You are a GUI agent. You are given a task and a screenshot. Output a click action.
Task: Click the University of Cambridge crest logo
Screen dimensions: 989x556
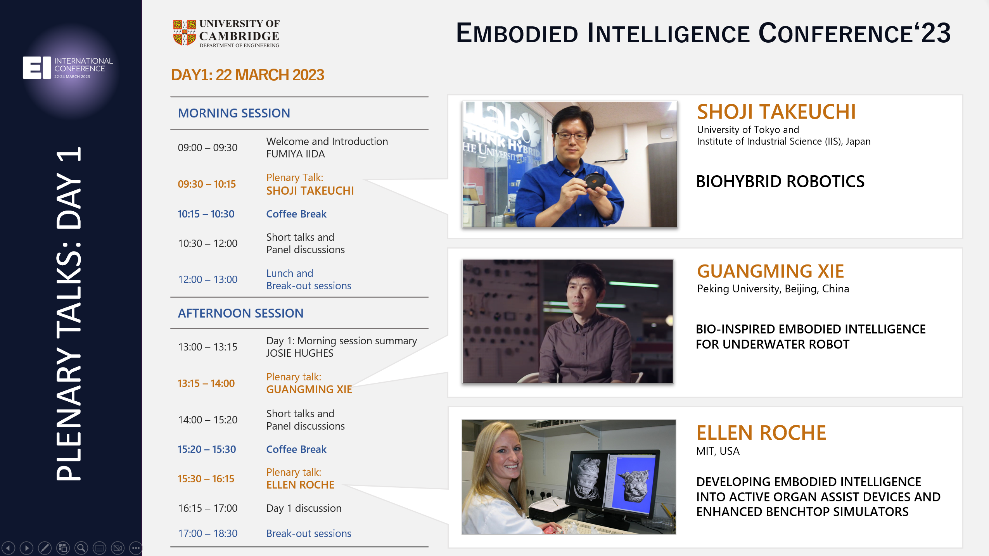tap(184, 33)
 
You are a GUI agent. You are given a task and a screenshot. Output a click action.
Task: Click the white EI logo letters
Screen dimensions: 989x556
tap(37, 67)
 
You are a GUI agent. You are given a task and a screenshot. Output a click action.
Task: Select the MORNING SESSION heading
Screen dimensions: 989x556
tap(234, 113)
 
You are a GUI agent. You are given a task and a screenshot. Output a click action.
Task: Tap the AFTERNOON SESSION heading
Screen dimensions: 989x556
tap(240, 313)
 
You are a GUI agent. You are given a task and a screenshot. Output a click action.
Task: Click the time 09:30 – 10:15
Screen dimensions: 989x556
tap(207, 184)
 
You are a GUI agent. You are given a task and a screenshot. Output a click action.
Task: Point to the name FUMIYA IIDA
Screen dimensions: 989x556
tap(296, 154)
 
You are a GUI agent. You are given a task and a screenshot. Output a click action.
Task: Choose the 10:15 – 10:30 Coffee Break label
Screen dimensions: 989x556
tap(296, 214)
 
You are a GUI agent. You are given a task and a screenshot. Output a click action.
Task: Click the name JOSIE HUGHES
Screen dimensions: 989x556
tap(300, 353)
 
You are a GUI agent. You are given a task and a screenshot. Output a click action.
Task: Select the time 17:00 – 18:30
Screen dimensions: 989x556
tap(207, 534)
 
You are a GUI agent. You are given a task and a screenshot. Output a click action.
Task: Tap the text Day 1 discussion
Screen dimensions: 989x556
tap(304, 508)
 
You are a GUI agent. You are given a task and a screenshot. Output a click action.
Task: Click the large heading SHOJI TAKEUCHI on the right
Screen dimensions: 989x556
tap(776, 112)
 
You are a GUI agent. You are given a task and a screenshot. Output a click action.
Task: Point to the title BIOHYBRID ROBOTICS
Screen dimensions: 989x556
tap(780, 181)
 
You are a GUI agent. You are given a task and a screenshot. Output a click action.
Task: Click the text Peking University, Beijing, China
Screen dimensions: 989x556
tap(773, 289)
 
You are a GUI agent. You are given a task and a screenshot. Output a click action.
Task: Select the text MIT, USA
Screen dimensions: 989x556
tap(718, 451)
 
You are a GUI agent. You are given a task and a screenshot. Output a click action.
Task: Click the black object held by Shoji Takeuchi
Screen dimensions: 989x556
tap(594, 181)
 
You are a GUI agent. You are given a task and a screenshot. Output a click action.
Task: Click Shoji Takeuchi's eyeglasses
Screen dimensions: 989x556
tap(572, 135)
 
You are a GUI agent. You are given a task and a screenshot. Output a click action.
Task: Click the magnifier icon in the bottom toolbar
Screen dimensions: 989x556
tap(81, 548)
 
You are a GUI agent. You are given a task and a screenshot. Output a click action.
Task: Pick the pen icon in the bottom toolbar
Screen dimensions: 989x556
tap(45, 548)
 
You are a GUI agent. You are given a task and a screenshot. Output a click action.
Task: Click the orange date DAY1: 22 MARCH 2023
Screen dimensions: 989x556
tap(247, 75)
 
